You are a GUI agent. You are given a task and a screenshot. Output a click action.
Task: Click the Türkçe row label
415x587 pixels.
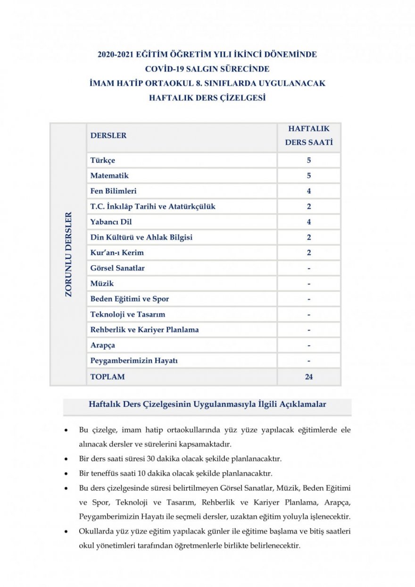click(x=103, y=160)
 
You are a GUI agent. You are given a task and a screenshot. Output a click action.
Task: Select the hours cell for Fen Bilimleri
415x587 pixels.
click(x=309, y=191)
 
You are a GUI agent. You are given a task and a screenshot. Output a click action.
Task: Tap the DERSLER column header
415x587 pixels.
click(x=108, y=135)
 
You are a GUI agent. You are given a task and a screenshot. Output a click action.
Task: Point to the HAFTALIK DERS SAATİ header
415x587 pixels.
click(x=309, y=135)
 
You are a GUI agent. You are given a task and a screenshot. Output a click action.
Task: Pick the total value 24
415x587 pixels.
click(x=309, y=377)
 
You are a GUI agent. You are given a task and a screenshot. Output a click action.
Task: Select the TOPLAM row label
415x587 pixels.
click(x=108, y=377)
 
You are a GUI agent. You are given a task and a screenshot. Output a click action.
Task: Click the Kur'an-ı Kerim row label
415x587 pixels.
click(x=117, y=253)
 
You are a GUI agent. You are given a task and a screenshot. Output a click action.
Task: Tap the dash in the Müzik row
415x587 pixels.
click(x=309, y=284)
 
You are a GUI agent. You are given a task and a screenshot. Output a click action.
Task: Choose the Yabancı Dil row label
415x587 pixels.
click(x=111, y=222)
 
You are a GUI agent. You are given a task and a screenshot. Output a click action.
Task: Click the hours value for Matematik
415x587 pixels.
click(x=309, y=176)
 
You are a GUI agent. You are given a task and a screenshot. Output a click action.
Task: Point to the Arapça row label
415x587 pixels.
click(x=103, y=345)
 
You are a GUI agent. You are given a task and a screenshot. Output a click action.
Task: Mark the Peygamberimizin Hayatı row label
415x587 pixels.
click(x=134, y=361)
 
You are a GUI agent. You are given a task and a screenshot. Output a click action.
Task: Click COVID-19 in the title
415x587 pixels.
click(x=165, y=69)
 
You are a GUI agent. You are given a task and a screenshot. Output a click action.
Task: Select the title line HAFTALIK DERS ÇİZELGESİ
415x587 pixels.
click(x=207, y=98)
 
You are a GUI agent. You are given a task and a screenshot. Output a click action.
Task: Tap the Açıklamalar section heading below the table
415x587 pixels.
click(x=207, y=404)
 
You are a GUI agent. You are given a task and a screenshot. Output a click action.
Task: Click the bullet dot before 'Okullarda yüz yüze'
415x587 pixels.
click(x=66, y=531)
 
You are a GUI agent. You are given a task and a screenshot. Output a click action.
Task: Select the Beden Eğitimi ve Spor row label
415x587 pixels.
click(x=130, y=299)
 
